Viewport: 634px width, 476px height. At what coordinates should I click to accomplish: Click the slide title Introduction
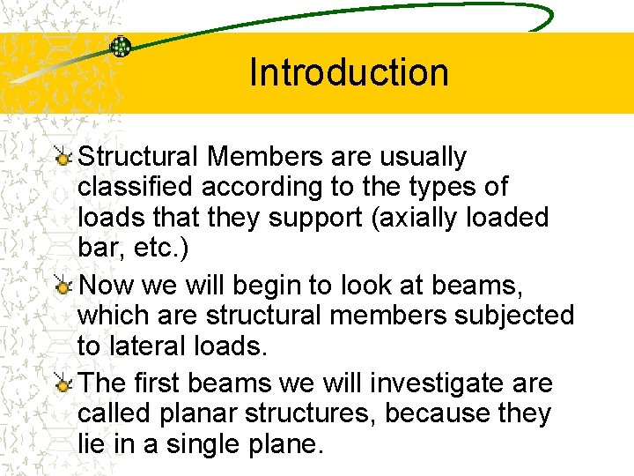click(x=349, y=72)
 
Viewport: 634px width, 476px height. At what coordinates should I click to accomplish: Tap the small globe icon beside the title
click(x=121, y=47)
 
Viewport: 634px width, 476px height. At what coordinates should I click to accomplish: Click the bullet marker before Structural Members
click(x=63, y=158)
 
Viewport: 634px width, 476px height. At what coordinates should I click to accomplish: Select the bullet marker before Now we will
click(x=63, y=286)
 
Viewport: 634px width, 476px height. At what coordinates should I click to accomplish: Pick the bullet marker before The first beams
click(x=63, y=384)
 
